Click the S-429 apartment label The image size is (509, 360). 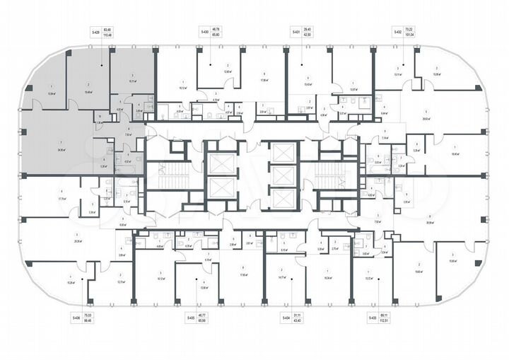tap(95, 32)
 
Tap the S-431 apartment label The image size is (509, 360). tap(295, 32)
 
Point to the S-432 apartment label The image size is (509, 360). tap(397, 32)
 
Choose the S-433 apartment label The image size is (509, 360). tap(372, 319)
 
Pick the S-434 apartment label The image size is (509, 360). tap(286, 319)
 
